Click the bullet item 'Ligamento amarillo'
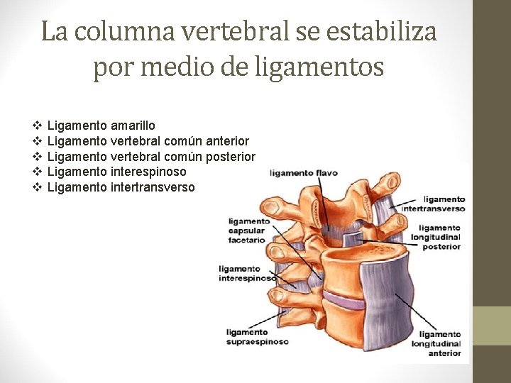click(101, 125)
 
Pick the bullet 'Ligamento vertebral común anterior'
click(148, 140)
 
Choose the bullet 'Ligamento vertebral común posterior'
click(150, 156)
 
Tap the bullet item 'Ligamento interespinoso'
click(116, 172)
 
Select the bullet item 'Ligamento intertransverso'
click(120, 187)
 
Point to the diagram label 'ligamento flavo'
click(303, 172)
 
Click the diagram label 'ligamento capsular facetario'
click(247, 230)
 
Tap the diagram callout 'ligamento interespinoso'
click(247, 274)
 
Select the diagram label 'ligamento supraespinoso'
click(257, 336)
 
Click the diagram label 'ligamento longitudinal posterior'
click(435, 237)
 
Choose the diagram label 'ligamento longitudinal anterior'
click(439, 343)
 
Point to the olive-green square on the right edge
click(492, 326)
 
